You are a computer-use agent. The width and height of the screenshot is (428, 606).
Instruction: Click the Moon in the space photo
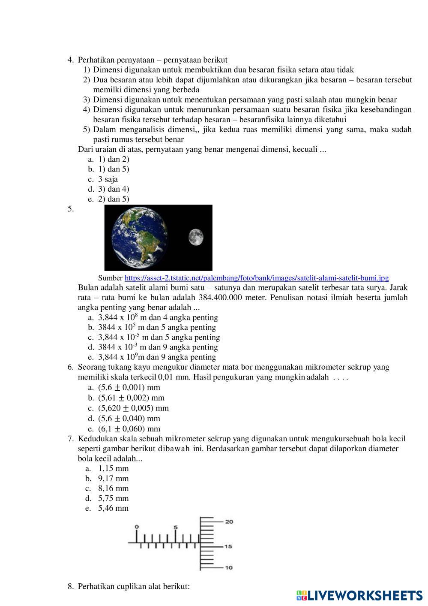click(x=196, y=237)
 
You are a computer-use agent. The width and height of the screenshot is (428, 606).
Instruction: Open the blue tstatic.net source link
click(x=257, y=278)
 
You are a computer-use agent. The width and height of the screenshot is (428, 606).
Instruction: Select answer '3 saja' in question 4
click(x=108, y=179)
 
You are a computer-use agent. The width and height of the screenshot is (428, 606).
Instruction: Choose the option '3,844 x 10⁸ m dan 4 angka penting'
click(x=158, y=318)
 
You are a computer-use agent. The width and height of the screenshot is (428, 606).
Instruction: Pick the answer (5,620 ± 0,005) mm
click(x=133, y=408)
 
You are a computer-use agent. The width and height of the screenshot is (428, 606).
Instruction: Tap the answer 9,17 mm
click(x=113, y=479)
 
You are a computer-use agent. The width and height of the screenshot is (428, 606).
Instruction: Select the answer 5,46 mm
click(x=113, y=508)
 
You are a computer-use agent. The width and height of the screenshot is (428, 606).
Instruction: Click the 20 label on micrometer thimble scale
click(x=229, y=522)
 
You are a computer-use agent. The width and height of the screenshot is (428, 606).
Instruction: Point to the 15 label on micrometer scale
click(x=229, y=546)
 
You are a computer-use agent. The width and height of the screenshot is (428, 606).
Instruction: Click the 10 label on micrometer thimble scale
click(x=229, y=567)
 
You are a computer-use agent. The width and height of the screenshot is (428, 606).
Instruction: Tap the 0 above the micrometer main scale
click(x=137, y=526)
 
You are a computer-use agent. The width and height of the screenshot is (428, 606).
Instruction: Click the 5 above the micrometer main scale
click(x=175, y=527)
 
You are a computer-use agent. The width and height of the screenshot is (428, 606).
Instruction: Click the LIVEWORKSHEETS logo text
click(x=364, y=595)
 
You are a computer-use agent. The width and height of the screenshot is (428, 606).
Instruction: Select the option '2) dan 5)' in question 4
click(x=114, y=199)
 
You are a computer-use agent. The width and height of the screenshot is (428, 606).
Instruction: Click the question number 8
click(x=70, y=586)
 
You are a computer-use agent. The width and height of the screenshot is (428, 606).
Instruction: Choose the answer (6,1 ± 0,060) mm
click(x=129, y=429)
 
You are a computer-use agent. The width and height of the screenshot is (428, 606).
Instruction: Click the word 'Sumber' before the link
click(x=110, y=278)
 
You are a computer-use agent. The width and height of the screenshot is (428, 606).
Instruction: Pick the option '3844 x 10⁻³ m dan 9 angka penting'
click(x=158, y=347)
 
